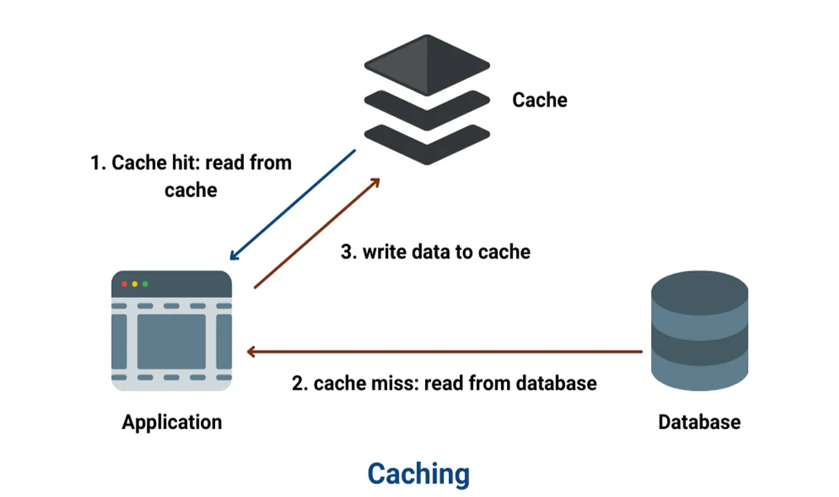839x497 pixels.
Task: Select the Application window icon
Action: point(171,331)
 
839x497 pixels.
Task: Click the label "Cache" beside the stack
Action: point(539,100)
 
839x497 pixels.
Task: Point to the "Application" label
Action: point(171,422)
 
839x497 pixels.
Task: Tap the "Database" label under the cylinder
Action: point(699,422)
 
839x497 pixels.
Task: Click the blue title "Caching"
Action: point(419,473)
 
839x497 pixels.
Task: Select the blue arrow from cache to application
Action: point(293,205)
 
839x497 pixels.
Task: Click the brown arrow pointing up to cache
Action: point(317,233)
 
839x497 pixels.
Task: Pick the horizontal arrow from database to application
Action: point(445,352)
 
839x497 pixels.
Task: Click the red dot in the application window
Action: point(124,284)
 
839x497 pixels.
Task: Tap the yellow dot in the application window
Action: point(135,284)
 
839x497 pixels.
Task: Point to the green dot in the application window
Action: point(146,284)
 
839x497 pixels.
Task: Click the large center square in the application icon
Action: point(171,341)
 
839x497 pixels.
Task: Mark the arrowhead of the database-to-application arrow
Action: point(251,352)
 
